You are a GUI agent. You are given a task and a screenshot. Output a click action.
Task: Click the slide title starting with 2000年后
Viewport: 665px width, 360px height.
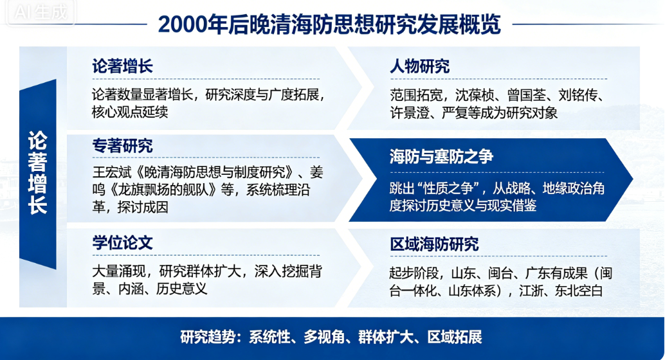(329, 24)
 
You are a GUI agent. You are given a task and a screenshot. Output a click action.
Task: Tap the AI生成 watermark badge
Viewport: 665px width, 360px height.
(41, 12)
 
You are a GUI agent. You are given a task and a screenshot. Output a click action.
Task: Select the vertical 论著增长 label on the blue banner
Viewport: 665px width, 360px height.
(37, 173)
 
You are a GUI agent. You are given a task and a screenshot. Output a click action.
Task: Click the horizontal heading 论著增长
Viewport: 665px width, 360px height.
(123, 66)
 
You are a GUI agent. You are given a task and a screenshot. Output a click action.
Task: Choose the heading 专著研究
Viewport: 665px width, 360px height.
(123, 146)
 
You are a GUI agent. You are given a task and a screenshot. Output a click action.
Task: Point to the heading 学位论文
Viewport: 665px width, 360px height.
(123, 243)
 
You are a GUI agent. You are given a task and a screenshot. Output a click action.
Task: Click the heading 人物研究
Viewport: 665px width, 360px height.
(420, 66)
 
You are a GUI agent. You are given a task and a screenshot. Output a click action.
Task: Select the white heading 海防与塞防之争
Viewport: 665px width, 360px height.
(441, 157)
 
